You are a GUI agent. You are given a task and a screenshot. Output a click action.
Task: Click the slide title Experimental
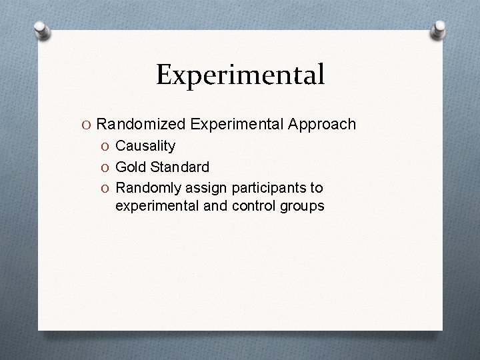pyautogui.click(x=240, y=75)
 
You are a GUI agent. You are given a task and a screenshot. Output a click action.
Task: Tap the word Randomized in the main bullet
pyautogui.click(x=141, y=125)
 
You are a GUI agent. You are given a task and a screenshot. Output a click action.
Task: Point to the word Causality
pyautogui.click(x=145, y=145)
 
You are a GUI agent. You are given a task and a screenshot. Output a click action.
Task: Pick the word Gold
pyautogui.click(x=130, y=165)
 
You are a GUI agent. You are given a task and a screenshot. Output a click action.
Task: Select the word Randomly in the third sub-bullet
pyautogui.click(x=145, y=186)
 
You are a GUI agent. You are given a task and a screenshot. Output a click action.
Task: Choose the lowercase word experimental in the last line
pyautogui.click(x=155, y=206)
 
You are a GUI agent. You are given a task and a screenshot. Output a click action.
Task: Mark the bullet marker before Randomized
pyautogui.click(x=87, y=125)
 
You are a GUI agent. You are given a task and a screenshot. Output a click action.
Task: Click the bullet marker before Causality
pyautogui.click(x=106, y=146)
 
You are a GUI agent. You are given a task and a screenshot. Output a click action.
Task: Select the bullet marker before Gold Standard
pyautogui.click(x=106, y=166)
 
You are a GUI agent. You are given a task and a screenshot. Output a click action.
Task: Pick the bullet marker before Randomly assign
pyautogui.click(x=106, y=187)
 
